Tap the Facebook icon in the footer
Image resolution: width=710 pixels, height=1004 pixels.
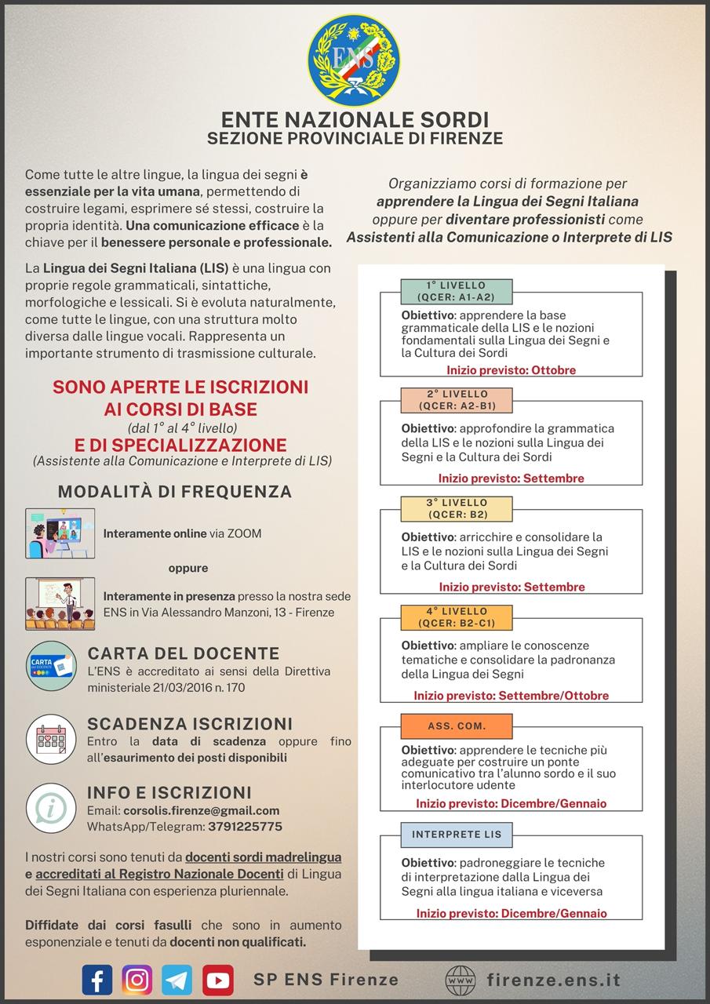coord(97,980)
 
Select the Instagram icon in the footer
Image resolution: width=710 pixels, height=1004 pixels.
coord(137,980)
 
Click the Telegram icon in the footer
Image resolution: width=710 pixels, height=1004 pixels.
coord(177,980)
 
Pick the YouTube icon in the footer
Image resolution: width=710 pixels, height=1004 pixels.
coord(217,980)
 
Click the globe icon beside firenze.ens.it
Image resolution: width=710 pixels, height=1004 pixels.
coord(461,980)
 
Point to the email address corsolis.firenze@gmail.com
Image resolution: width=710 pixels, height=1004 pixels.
coord(202,810)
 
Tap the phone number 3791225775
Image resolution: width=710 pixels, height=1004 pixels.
coord(245,826)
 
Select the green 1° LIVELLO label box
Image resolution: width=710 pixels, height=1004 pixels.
coord(456,291)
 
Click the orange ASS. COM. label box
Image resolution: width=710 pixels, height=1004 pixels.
coord(456,726)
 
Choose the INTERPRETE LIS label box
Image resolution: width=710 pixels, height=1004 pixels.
coord(456,834)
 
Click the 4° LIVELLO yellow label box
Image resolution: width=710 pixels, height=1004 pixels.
coord(456,617)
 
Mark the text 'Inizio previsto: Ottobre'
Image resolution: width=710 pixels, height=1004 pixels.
coord(511,370)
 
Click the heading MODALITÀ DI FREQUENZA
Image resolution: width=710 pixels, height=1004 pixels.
coord(175,492)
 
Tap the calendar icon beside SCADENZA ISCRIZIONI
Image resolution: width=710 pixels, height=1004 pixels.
coord(51,739)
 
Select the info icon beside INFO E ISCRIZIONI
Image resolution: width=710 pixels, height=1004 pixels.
coord(51,808)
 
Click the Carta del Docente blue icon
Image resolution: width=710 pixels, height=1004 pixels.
coord(51,665)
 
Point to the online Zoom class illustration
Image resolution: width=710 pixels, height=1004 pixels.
coord(60,533)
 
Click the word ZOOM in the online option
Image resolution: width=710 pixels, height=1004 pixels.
coord(246,533)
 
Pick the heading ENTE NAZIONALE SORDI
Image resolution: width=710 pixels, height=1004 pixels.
coord(355,119)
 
